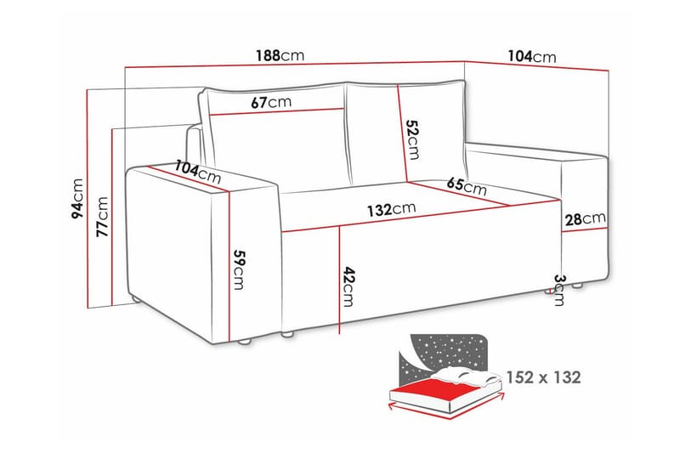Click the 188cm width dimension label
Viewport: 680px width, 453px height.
[x=280, y=56]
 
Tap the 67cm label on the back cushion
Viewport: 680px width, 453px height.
[x=271, y=102]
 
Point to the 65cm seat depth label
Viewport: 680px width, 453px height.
[x=466, y=185]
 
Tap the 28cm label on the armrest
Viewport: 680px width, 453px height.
[x=586, y=219]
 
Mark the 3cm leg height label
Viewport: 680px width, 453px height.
[x=558, y=289]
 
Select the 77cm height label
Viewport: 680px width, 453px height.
[x=103, y=216]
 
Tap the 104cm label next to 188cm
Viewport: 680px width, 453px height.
[x=532, y=56]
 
